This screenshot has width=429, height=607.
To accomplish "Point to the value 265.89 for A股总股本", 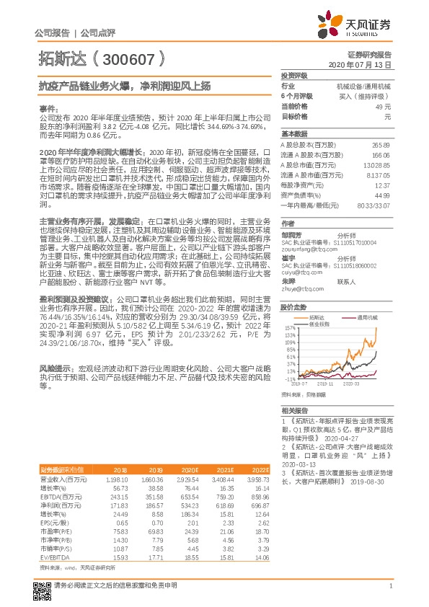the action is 381,145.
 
